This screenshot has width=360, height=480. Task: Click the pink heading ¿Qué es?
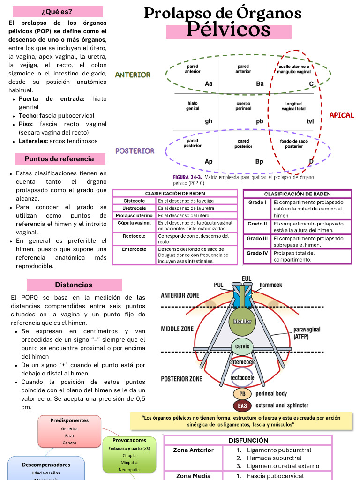[57, 12]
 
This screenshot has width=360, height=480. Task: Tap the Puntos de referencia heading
[59, 159]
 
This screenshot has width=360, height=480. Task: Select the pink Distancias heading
[74, 285]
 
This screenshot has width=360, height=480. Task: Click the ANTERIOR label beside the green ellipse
[133, 75]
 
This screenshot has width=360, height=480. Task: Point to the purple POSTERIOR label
[135, 151]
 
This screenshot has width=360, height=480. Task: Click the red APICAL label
[342, 115]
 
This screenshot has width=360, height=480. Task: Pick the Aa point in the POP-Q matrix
[209, 83]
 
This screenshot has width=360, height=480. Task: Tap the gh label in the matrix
[209, 121]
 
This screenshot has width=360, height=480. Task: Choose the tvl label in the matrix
[310, 121]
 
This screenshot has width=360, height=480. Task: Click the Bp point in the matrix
[259, 161]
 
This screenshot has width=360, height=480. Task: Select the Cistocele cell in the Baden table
[134, 201]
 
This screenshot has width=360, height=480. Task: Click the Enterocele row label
[134, 249]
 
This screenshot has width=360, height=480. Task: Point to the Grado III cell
[257, 239]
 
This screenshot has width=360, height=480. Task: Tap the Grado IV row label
[257, 253]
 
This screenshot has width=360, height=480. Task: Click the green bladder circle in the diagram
[242, 322]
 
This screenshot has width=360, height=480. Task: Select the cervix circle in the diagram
[242, 347]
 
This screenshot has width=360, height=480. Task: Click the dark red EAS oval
[242, 405]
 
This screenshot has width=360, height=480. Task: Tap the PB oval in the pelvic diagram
[242, 394]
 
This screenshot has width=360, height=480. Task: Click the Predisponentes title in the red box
[69, 420]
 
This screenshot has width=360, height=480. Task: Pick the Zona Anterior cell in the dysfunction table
[193, 450]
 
